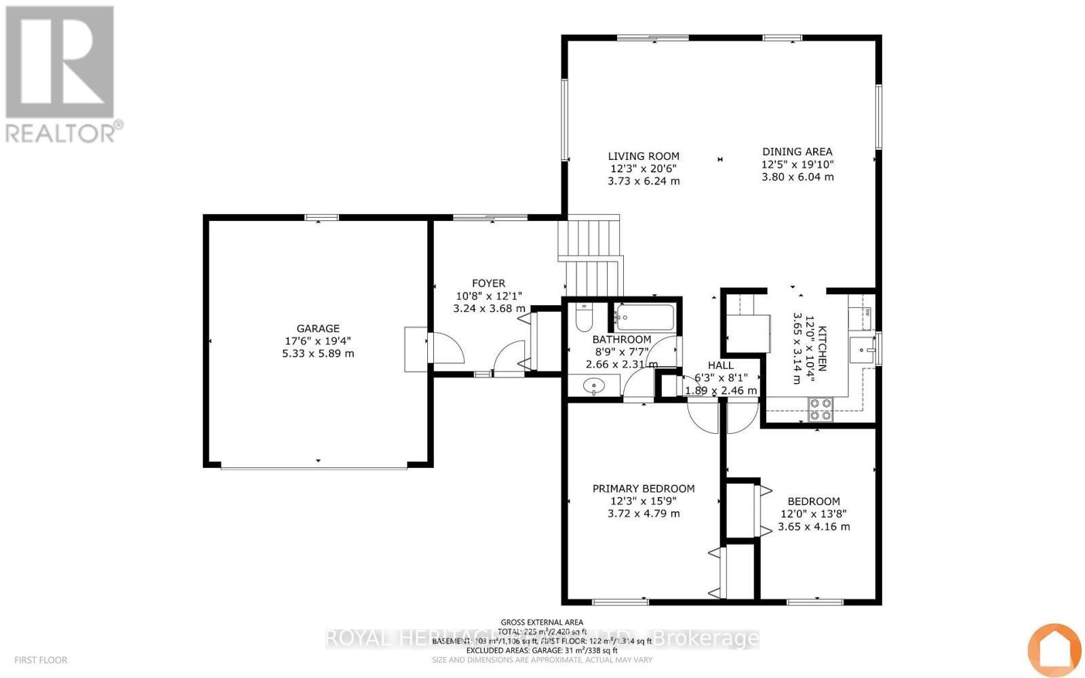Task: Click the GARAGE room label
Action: coord(317,328)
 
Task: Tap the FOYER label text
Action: coord(488,283)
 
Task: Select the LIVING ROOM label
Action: coord(643,156)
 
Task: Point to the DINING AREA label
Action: coord(797,152)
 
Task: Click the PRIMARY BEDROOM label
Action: coord(643,488)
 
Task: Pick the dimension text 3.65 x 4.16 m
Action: coord(813,527)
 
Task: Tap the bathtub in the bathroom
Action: coord(644,317)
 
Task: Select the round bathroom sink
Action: coord(594,387)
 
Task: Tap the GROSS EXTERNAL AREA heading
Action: coord(541,622)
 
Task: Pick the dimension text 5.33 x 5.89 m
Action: coord(317,353)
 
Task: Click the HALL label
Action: coord(720,365)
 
